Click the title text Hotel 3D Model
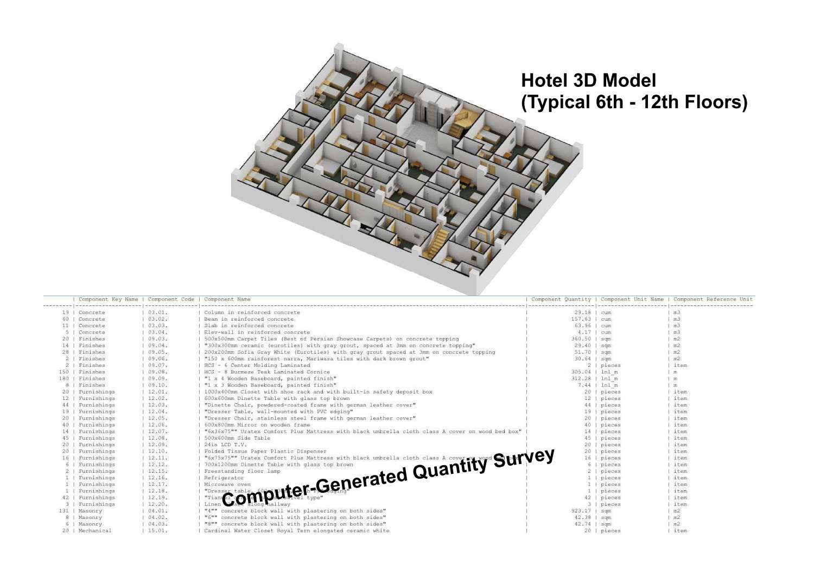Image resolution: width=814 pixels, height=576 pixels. pos(588,80)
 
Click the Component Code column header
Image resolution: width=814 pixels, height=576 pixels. pos(171,299)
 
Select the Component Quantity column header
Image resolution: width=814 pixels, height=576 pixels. pos(561,299)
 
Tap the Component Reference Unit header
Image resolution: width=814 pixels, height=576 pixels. pos(713,299)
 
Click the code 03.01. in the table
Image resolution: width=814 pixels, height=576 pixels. pos(158,312)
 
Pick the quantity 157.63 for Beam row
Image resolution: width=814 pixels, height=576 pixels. pos(581,319)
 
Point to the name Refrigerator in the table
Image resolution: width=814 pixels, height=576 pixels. pos(224,478)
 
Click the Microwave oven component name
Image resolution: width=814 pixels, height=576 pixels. pos(227,484)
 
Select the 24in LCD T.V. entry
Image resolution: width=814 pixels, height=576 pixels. pos(225,444)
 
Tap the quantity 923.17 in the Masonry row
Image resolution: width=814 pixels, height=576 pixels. pos(581,511)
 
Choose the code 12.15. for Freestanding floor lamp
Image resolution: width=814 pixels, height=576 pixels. pos(158,471)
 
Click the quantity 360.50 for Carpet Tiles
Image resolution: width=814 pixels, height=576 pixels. pos(581,339)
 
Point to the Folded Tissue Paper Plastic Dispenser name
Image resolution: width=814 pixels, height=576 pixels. pos(265,451)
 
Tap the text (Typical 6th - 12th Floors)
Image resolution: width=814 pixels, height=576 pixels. pos(634,102)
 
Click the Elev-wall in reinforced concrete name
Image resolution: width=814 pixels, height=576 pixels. pos(257,332)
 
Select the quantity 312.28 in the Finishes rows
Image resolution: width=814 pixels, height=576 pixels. pos(581,378)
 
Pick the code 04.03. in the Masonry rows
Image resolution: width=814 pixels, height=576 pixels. pos(158,524)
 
